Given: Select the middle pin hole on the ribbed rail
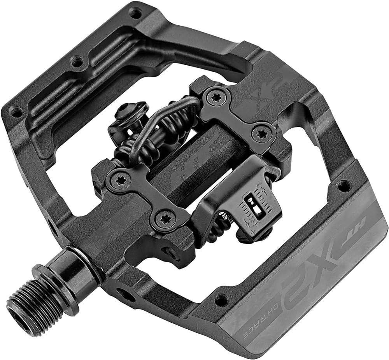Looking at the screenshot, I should tap(77, 61).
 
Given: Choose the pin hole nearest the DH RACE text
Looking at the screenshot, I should tap(221, 300).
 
